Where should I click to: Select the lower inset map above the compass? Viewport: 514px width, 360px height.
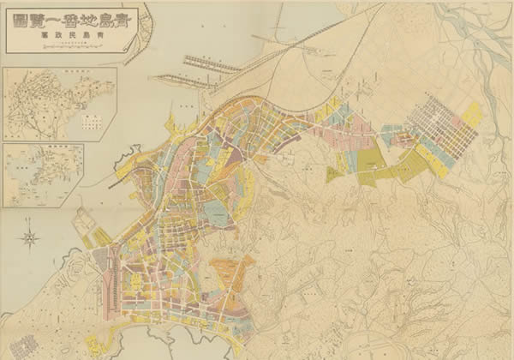(43, 175)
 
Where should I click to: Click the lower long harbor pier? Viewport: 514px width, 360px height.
(184, 80)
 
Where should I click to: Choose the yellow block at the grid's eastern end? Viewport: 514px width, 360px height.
(471, 115)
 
